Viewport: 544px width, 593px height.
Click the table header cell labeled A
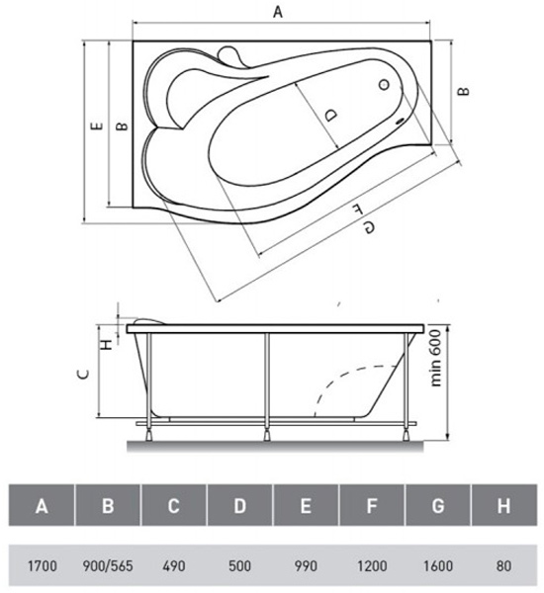coord(42,505)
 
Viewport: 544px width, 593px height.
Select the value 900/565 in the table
coord(108,566)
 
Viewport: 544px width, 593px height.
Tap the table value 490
coord(174,566)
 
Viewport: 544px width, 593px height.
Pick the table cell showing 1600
coord(437,566)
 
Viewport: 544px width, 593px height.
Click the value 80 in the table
coord(503,566)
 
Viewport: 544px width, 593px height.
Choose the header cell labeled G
coord(438,505)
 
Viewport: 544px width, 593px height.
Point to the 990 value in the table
coord(306,566)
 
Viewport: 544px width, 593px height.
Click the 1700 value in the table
coord(42,566)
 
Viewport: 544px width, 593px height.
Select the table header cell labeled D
coord(239,505)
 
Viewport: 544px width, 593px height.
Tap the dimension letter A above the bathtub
coord(278,12)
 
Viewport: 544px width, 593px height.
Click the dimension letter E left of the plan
coord(97,126)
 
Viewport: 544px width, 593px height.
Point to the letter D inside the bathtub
coord(331,115)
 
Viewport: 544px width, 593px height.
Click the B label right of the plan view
coord(463,91)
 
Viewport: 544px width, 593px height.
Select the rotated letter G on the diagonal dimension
coord(369,227)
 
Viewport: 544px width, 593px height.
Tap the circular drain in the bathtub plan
coord(384,85)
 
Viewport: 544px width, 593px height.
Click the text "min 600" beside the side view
coord(436,358)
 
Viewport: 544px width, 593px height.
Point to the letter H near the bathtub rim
coord(108,344)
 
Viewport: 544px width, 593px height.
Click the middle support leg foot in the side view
coord(267,435)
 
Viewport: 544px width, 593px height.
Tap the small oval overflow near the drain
coord(400,122)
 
